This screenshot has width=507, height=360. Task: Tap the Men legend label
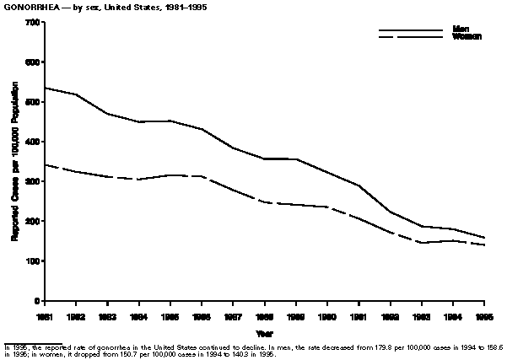(x=461, y=30)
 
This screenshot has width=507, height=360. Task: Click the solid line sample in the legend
(x=411, y=31)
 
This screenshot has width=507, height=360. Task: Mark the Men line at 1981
(x=46, y=88)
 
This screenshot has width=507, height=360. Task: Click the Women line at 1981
(x=46, y=164)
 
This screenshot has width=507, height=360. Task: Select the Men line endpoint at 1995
(x=484, y=238)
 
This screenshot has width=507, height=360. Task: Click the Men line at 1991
(x=359, y=185)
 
